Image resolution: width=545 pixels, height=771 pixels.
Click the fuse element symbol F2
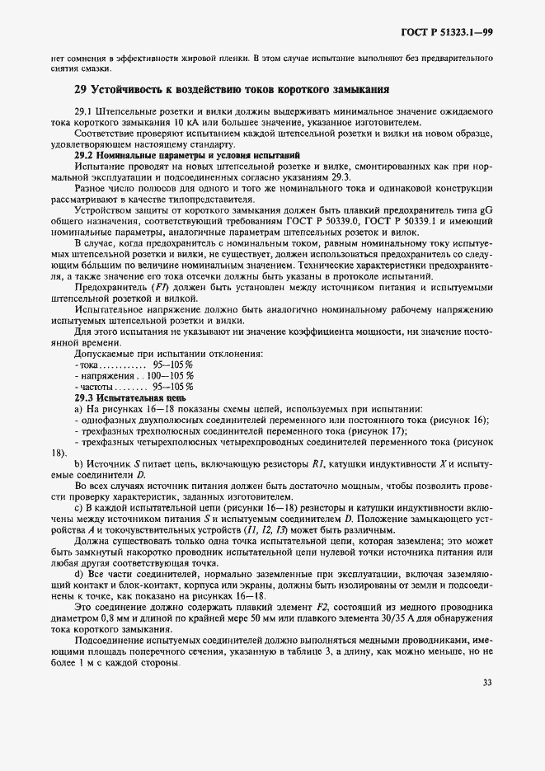[x=300, y=606]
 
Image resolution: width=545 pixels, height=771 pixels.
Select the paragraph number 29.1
[x=86, y=110]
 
